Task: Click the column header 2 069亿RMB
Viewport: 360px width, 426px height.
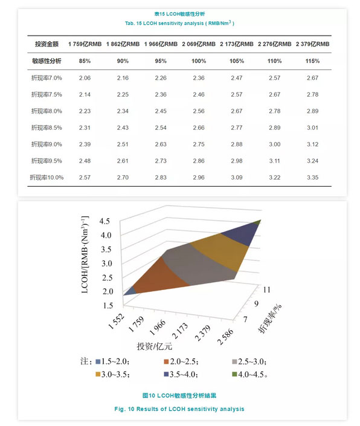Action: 199,44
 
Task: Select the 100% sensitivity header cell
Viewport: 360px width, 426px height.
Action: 199,61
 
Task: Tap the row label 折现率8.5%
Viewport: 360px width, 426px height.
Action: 47,127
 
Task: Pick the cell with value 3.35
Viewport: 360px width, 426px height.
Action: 312,178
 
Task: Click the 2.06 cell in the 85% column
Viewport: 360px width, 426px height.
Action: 85,78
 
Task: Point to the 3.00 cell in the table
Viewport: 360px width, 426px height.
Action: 274,144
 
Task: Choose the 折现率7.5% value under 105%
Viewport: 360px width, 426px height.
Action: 237,94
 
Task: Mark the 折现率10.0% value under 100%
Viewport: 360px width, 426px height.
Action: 199,178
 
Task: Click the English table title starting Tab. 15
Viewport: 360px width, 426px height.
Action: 179,23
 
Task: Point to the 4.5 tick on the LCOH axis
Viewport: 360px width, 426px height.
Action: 104,221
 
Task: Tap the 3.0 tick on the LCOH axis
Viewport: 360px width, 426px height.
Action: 107,263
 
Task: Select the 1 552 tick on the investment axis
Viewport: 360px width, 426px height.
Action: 117,321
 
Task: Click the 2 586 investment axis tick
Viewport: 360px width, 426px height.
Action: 225,337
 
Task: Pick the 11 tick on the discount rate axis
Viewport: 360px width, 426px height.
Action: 266,289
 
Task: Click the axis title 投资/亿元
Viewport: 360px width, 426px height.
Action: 154,346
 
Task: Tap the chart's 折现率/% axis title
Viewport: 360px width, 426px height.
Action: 269,318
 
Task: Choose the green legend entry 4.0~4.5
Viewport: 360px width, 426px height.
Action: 250,375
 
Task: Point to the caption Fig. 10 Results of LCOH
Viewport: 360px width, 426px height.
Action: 179,409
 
